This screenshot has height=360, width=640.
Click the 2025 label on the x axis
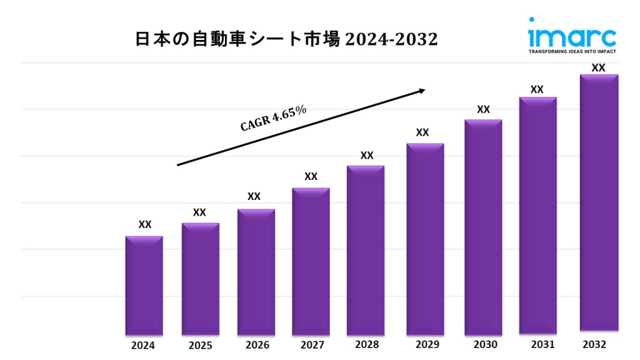click(x=201, y=345)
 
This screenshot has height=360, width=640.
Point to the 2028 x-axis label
click(x=367, y=344)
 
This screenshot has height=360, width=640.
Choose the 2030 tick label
click(x=484, y=344)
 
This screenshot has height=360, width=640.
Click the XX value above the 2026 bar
click(x=254, y=196)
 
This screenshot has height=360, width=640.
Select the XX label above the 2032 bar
click(x=599, y=67)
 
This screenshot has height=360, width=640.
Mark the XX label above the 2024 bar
click(x=144, y=224)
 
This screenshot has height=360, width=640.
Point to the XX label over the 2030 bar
click(x=483, y=109)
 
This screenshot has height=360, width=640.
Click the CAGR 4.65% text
click(x=274, y=118)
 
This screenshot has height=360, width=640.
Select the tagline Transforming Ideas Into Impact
click(x=572, y=51)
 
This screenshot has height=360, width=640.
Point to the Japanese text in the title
click(x=237, y=39)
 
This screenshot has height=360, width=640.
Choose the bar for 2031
click(x=537, y=215)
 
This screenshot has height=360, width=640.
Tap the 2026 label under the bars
click(x=257, y=345)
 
